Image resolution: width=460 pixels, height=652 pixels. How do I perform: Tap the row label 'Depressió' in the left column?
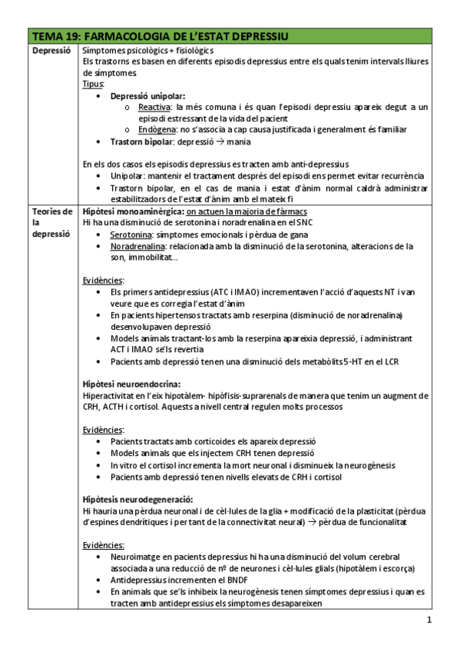click(x=51, y=50)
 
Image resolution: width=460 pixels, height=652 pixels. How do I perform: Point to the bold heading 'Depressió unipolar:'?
click(x=147, y=96)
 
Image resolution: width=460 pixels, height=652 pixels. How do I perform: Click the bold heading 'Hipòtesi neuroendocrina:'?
click(x=131, y=384)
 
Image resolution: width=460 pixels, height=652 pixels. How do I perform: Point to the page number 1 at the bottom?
click(x=429, y=620)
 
